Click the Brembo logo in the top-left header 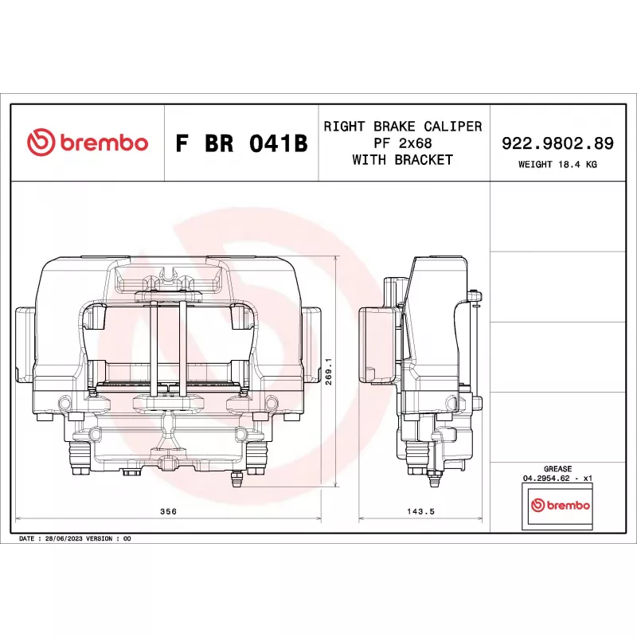[88, 143]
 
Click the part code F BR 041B [241, 143]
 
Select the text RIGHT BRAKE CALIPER [403, 127]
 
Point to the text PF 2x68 [403, 143]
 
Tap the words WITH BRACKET [403, 160]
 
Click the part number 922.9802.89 [557, 143]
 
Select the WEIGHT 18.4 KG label [557, 164]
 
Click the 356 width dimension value [168, 511]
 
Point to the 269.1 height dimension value [329, 371]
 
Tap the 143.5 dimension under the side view [420, 511]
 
